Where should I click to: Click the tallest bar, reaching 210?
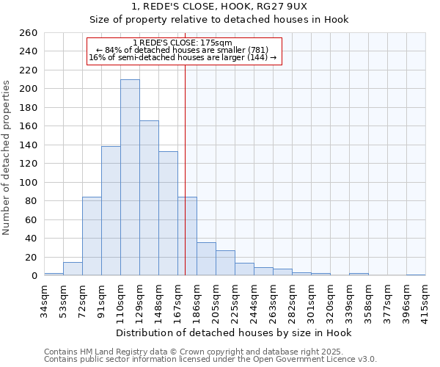(130, 178)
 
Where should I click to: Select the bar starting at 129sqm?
(149, 198)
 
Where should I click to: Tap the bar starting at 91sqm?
(111, 211)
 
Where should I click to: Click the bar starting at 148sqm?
(168, 213)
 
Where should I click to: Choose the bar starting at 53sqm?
(73, 269)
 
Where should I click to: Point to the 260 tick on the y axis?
(29, 33)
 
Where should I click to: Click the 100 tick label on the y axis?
(29, 182)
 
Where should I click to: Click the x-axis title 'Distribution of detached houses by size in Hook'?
(234, 333)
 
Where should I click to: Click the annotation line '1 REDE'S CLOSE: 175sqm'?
(183, 43)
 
